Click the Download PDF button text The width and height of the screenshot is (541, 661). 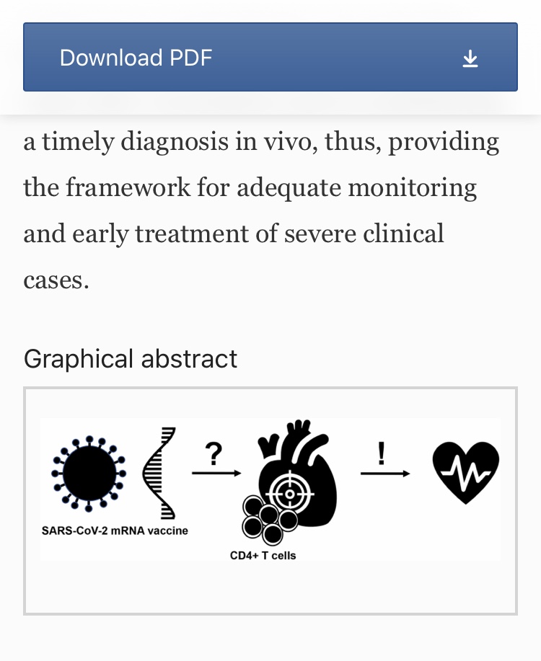(136, 58)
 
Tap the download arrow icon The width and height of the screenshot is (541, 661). (470, 58)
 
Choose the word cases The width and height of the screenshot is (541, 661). (56, 280)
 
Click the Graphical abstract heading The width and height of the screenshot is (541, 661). (130, 358)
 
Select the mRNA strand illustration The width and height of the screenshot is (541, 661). (160, 473)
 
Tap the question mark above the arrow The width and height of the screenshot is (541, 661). (214, 454)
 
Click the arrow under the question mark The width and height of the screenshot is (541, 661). (216, 474)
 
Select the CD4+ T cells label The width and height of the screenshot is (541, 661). (263, 556)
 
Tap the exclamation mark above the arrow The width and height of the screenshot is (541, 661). (382, 453)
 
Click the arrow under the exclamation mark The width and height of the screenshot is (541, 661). (384, 474)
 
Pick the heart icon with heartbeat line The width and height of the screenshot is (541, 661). (466, 471)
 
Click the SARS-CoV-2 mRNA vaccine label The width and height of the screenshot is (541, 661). (115, 531)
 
